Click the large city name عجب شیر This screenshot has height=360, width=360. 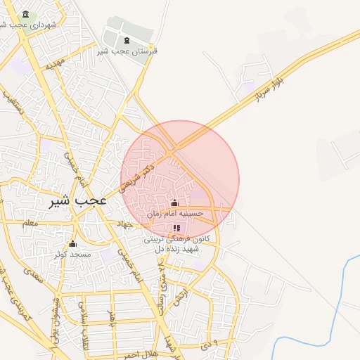(x=78, y=200)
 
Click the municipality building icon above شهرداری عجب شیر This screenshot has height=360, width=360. (x=26, y=15)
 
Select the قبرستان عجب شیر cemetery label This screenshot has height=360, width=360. (x=127, y=51)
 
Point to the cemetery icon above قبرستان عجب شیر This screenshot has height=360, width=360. (x=127, y=40)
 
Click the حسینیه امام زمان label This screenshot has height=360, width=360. (x=175, y=213)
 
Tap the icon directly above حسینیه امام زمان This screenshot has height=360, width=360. (x=175, y=203)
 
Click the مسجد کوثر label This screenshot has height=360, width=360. (x=73, y=253)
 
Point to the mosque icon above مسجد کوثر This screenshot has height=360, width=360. (x=72, y=244)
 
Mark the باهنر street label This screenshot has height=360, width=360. (x=110, y=318)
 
